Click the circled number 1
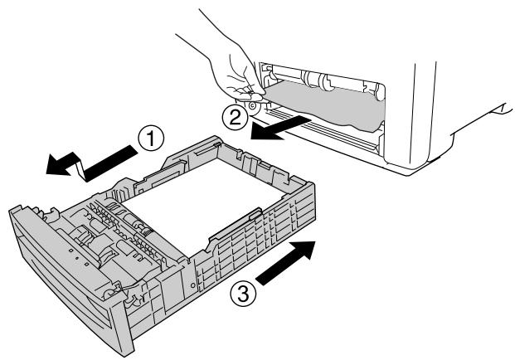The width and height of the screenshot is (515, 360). [x=150, y=139]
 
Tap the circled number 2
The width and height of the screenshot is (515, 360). [x=236, y=118]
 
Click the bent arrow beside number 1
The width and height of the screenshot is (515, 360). [x=92, y=163]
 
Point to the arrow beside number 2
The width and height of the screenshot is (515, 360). [x=281, y=128]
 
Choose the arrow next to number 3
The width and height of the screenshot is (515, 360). [x=286, y=262]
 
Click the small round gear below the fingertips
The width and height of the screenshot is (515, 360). [x=253, y=106]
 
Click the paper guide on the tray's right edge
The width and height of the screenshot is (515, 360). [x=234, y=226]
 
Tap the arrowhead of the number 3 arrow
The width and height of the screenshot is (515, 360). [x=303, y=251]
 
